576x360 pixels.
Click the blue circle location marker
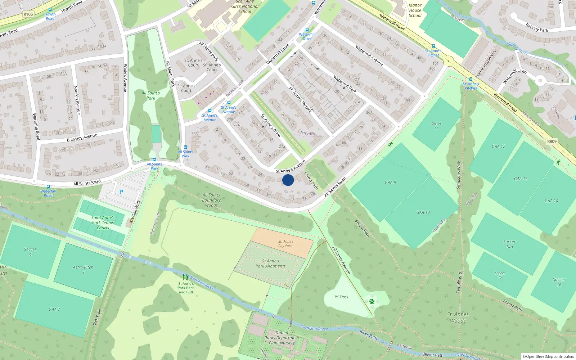point(288,180)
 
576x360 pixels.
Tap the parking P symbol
point(121,192)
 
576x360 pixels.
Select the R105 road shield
point(28,14)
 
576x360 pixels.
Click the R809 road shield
point(552,141)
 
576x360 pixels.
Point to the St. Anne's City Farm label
point(286,244)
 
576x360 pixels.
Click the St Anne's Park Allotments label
point(270,264)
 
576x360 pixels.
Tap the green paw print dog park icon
point(372,301)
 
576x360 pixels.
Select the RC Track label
point(341,297)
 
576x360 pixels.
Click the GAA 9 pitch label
point(390,183)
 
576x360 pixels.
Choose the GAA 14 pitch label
point(552,201)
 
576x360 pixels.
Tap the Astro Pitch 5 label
point(83,270)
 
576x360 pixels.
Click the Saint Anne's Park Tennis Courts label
point(103,222)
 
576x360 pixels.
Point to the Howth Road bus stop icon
point(50,10)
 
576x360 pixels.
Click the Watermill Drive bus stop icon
point(307,30)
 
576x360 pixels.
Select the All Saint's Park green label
point(151,95)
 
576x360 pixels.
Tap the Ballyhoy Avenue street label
point(82,138)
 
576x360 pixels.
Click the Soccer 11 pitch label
point(436,126)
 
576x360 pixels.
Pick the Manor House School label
point(415,10)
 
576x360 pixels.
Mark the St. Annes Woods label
point(458,318)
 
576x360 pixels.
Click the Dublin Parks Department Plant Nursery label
point(282,338)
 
